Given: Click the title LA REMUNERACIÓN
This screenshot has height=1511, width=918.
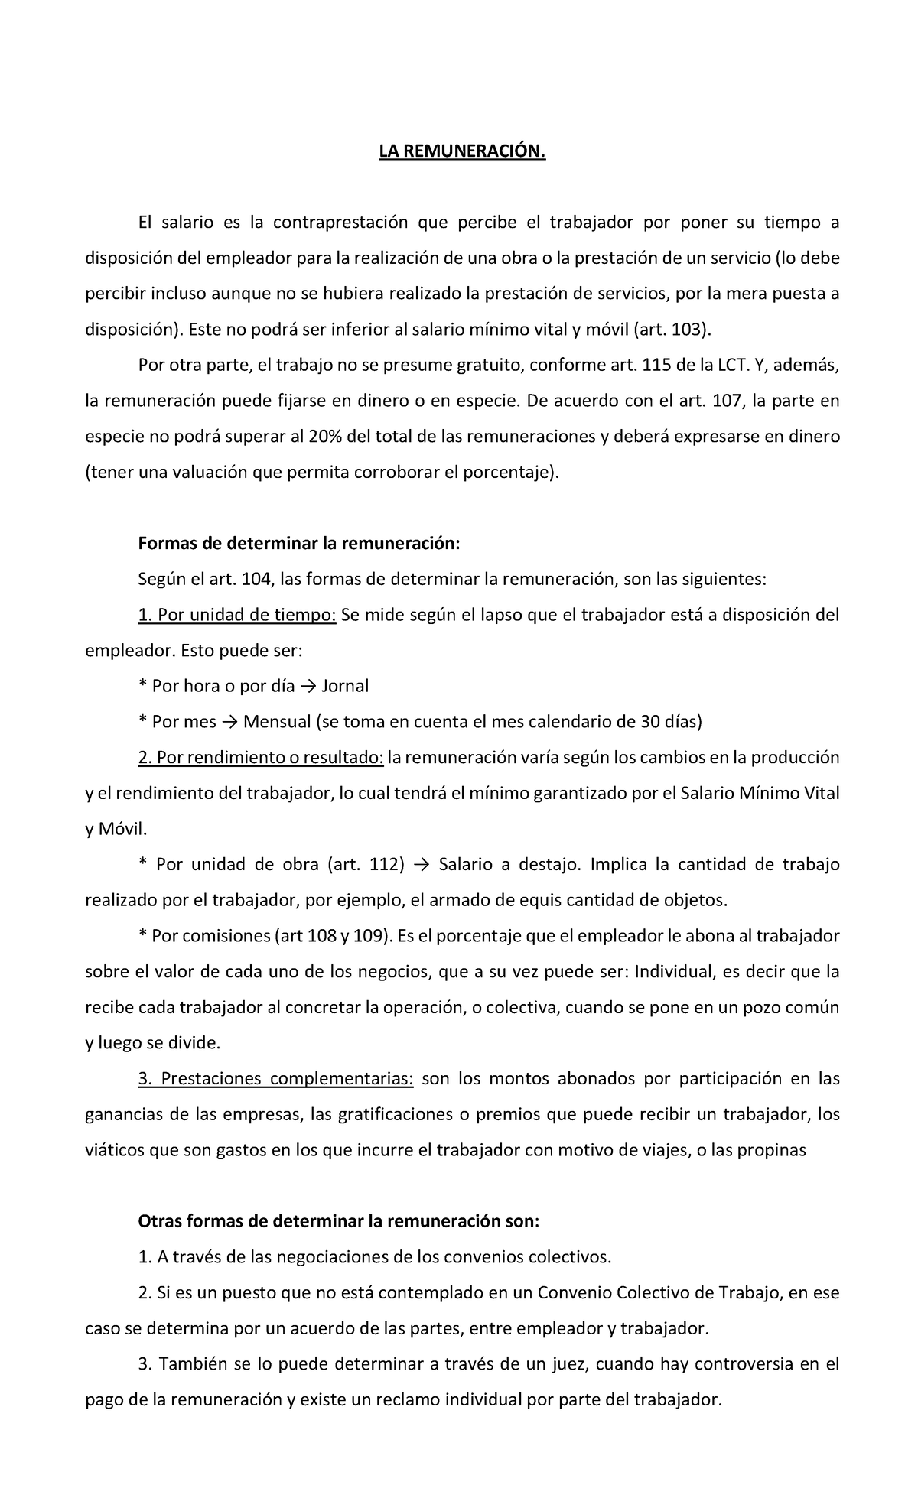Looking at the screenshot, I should (x=464, y=152).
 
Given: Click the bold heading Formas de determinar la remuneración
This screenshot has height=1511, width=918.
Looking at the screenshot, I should (x=299, y=544).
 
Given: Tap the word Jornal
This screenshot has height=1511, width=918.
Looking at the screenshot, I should (x=345, y=686).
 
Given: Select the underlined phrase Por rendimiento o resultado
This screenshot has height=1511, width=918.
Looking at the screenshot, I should (x=261, y=758).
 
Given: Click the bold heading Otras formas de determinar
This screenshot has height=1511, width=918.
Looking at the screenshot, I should (x=338, y=1221).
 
